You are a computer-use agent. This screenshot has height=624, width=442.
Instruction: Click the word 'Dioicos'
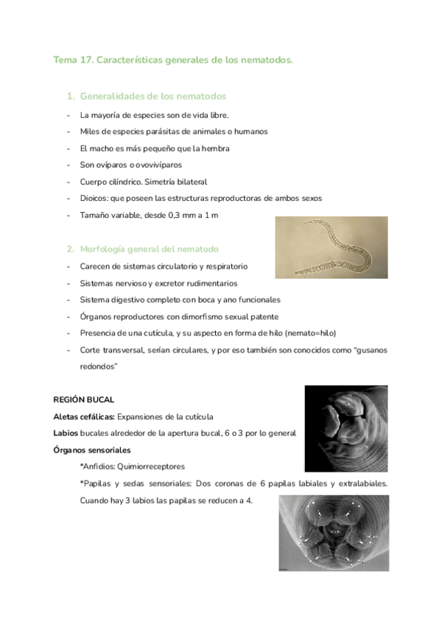(94, 199)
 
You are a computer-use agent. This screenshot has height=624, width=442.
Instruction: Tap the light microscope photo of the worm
(331, 247)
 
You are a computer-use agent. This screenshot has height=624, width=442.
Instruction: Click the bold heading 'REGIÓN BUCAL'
(83, 400)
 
